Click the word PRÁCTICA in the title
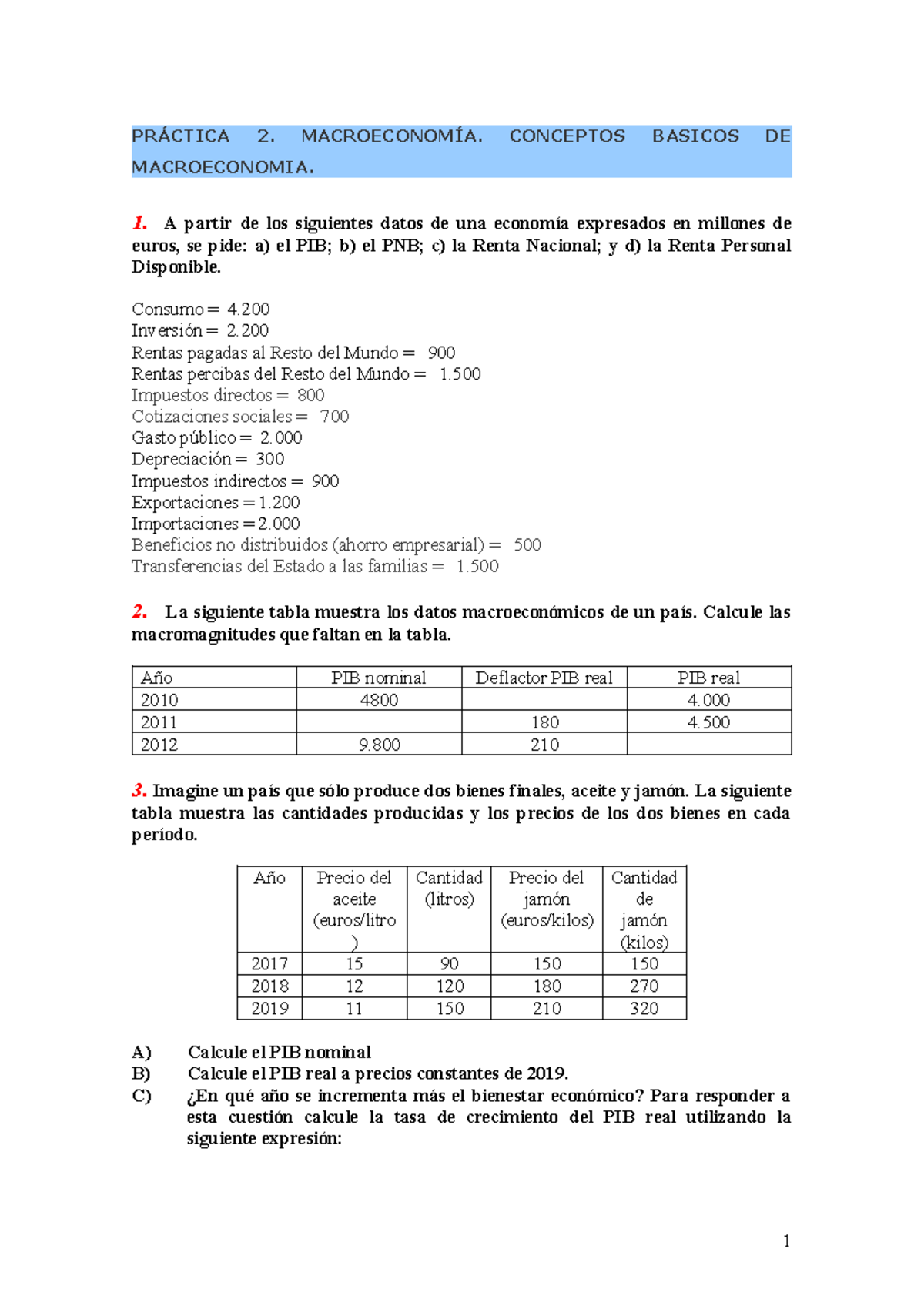(x=180, y=136)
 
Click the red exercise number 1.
(x=139, y=223)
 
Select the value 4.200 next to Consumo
(x=248, y=310)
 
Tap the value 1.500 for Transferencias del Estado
(x=477, y=567)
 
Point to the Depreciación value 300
(x=269, y=460)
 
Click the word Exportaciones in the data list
(x=185, y=503)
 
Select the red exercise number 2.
(x=139, y=612)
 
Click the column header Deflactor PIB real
(x=544, y=678)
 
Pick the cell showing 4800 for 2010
(x=379, y=700)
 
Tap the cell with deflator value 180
(x=544, y=722)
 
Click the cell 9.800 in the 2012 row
(x=379, y=745)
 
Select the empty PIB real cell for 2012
(x=708, y=744)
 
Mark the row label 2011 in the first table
(x=159, y=722)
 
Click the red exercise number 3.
(x=139, y=791)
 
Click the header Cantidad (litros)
(x=449, y=888)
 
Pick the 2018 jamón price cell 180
(x=547, y=986)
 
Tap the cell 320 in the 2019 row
(x=644, y=1009)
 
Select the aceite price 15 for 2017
(x=354, y=964)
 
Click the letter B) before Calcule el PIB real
(x=141, y=1073)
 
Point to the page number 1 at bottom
(x=785, y=1241)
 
